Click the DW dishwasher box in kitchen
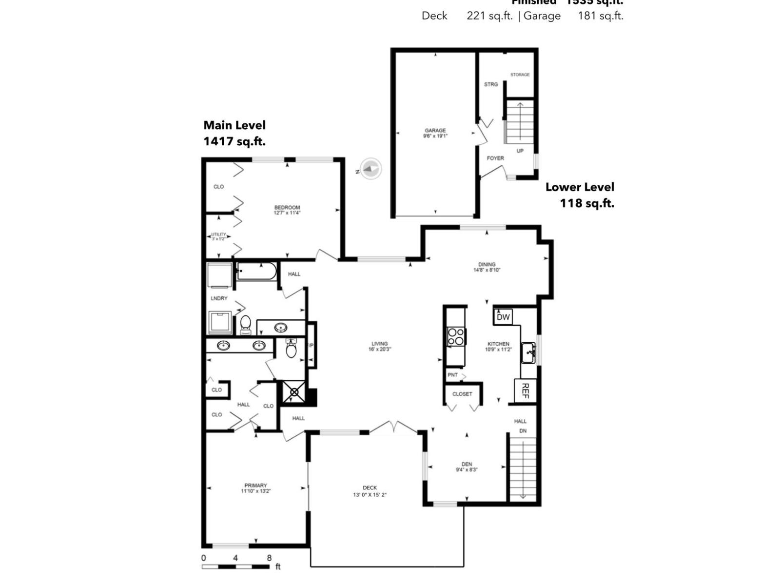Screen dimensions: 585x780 point(503,317)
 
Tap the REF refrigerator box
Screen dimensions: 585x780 point(525,390)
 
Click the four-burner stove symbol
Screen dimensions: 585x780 point(456,337)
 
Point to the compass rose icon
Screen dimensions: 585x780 point(370,169)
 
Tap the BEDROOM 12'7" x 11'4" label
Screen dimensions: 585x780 point(287,210)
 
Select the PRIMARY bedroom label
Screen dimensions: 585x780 point(255,488)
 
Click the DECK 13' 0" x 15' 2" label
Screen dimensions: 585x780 point(370,491)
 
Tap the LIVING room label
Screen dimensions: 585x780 point(379,346)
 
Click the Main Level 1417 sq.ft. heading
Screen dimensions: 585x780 point(234,133)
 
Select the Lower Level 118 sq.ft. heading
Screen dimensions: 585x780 point(580,195)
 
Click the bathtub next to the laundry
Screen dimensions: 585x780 point(256,271)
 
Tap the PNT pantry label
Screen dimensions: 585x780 point(452,375)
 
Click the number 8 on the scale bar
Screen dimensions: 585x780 point(269,558)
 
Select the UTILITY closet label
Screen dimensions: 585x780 point(218,236)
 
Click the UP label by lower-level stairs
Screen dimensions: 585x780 point(520,151)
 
